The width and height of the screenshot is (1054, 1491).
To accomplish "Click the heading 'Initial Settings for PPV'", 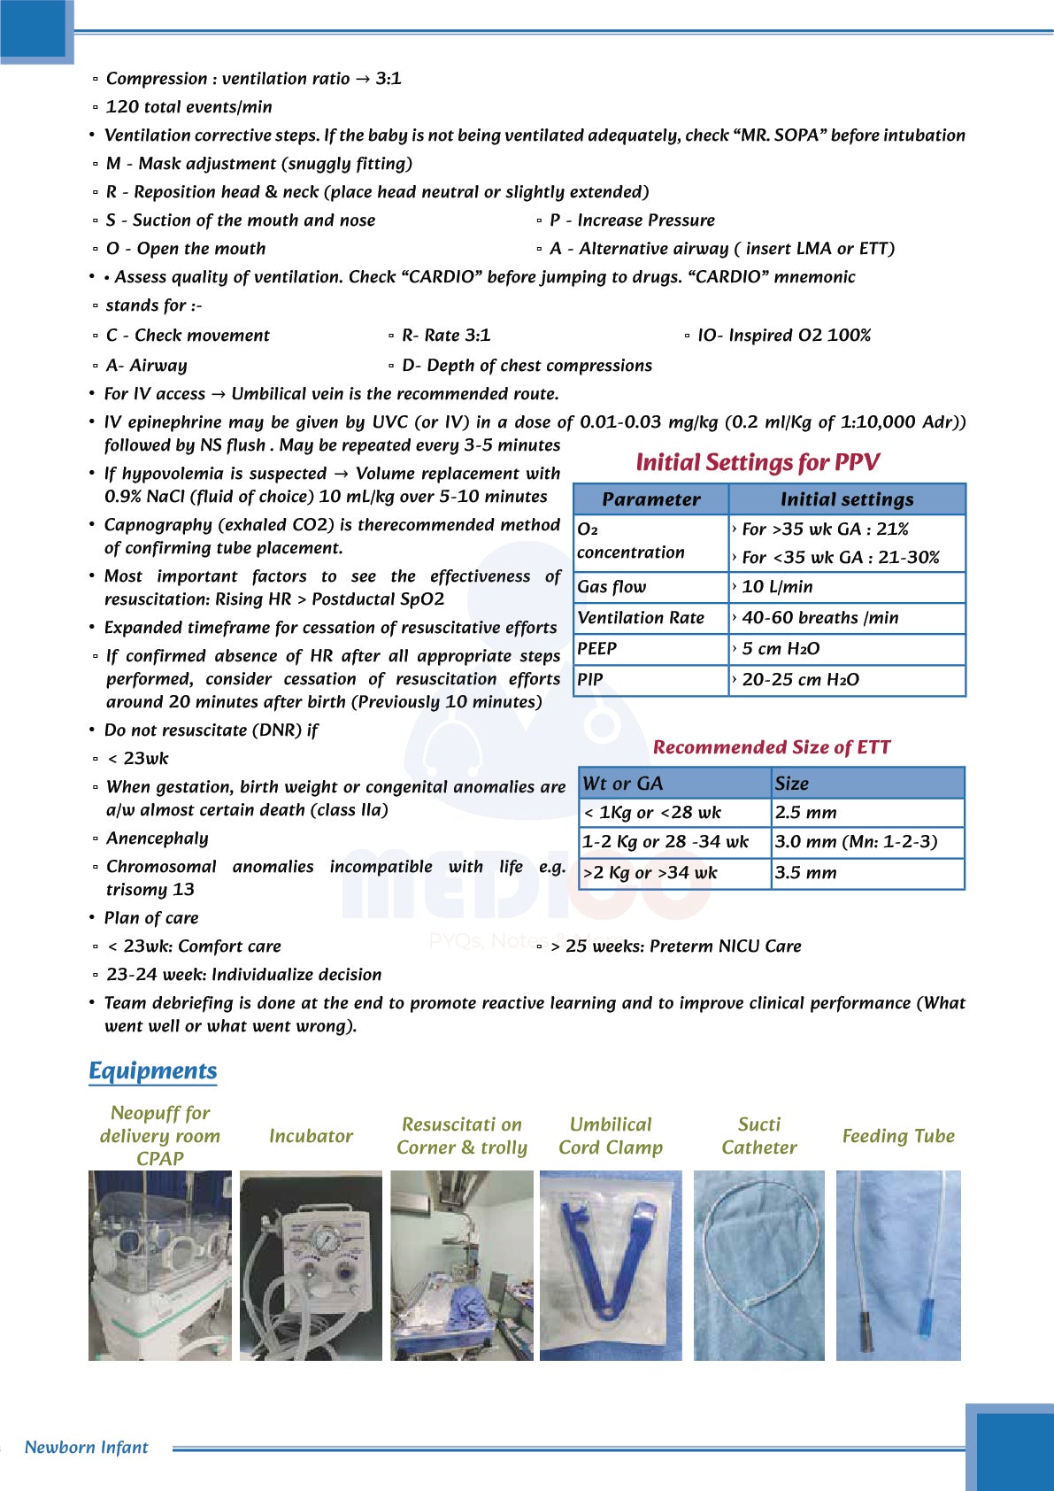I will point(758,462).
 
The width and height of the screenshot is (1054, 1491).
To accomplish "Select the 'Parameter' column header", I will point(651,499).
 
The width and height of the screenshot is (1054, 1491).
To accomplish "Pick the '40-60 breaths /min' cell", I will point(819,618).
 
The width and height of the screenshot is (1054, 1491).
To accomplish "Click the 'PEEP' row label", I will point(597,649).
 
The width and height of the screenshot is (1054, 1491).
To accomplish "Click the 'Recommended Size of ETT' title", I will point(772,747).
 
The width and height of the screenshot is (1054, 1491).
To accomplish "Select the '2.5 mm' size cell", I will point(806,813).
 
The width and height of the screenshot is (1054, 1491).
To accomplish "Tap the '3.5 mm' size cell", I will point(806,873).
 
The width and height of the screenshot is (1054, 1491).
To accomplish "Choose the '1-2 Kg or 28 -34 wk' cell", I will point(665,842).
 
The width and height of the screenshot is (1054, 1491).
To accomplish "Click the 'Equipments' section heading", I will point(152,1071).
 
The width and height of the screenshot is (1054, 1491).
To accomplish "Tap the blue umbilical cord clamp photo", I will point(611,1266).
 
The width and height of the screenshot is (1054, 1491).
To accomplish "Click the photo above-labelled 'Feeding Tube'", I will point(898,1266).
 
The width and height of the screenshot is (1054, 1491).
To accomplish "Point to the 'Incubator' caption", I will point(311,1136).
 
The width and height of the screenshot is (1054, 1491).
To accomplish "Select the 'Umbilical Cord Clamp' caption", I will point(611,1136).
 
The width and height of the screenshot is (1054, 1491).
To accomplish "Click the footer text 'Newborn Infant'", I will point(87,1448).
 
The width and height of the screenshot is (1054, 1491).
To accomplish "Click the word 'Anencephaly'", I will point(158,838).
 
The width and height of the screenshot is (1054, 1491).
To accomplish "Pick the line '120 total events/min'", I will point(189,107).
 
